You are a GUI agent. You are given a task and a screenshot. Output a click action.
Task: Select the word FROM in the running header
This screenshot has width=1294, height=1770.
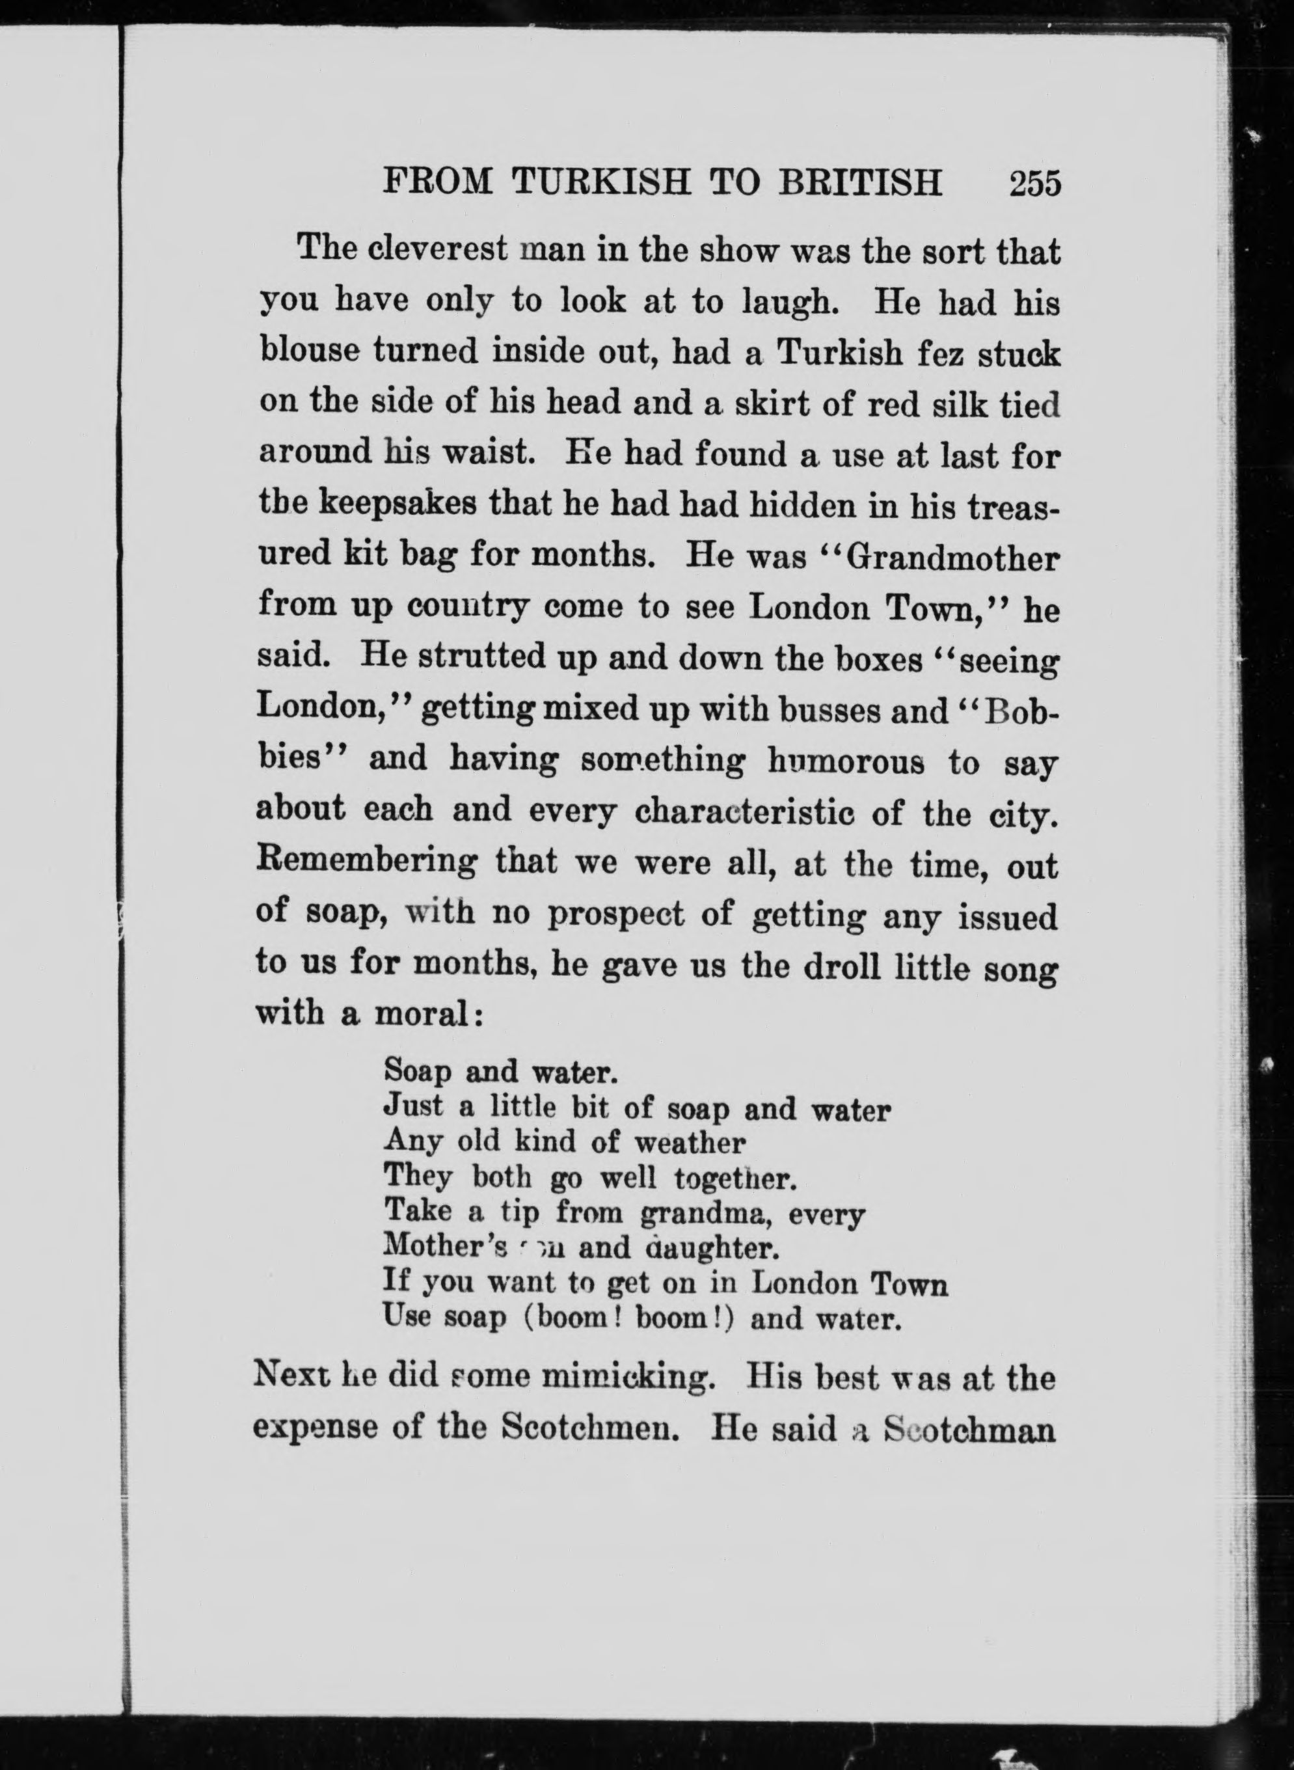click(438, 184)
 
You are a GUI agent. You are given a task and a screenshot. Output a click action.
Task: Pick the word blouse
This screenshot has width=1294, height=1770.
click(308, 353)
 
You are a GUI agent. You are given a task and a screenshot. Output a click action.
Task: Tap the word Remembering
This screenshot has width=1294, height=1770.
click(366, 864)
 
